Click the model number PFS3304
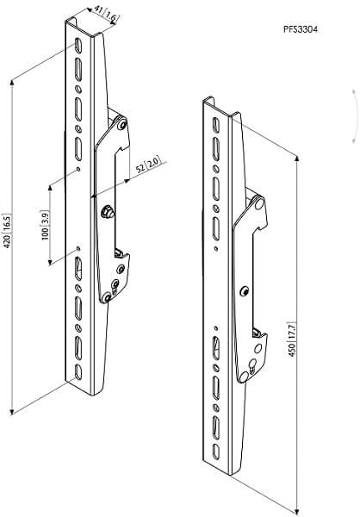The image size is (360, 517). pyautogui.click(x=301, y=29)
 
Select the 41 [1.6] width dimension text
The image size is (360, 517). pyautogui.click(x=105, y=14)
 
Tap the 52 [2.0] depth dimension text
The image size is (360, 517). pyautogui.click(x=149, y=165)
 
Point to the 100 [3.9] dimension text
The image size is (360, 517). pyautogui.click(x=45, y=225)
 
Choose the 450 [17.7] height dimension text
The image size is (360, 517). pyautogui.click(x=292, y=339)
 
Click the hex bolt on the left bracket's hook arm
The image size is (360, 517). pyautogui.click(x=107, y=211)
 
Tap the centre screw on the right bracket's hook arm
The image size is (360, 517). pyautogui.click(x=245, y=291)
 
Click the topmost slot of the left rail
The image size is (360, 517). pyautogui.click(x=78, y=45)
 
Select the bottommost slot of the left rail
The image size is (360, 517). pyautogui.click(x=78, y=372)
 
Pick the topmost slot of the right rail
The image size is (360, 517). pyautogui.click(x=215, y=125)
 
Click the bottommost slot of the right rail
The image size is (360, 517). pyautogui.click(x=216, y=452)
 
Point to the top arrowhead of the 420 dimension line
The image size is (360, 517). pyautogui.click(x=12, y=83)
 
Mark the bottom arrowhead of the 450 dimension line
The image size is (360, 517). pyautogui.click(x=298, y=509)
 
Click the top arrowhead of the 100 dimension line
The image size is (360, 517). pyautogui.click(x=50, y=188)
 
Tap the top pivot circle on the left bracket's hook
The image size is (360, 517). pyautogui.click(x=122, y=124)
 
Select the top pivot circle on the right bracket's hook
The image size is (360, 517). pyautogui.click(x=259, y=204)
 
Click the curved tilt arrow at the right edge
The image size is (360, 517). pyautogui.click(x=356, y=115)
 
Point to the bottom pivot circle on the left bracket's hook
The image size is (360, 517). pyautogui.click(x=106, y=297)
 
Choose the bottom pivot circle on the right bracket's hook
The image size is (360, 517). pyautogui.click(x=244, y=377)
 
